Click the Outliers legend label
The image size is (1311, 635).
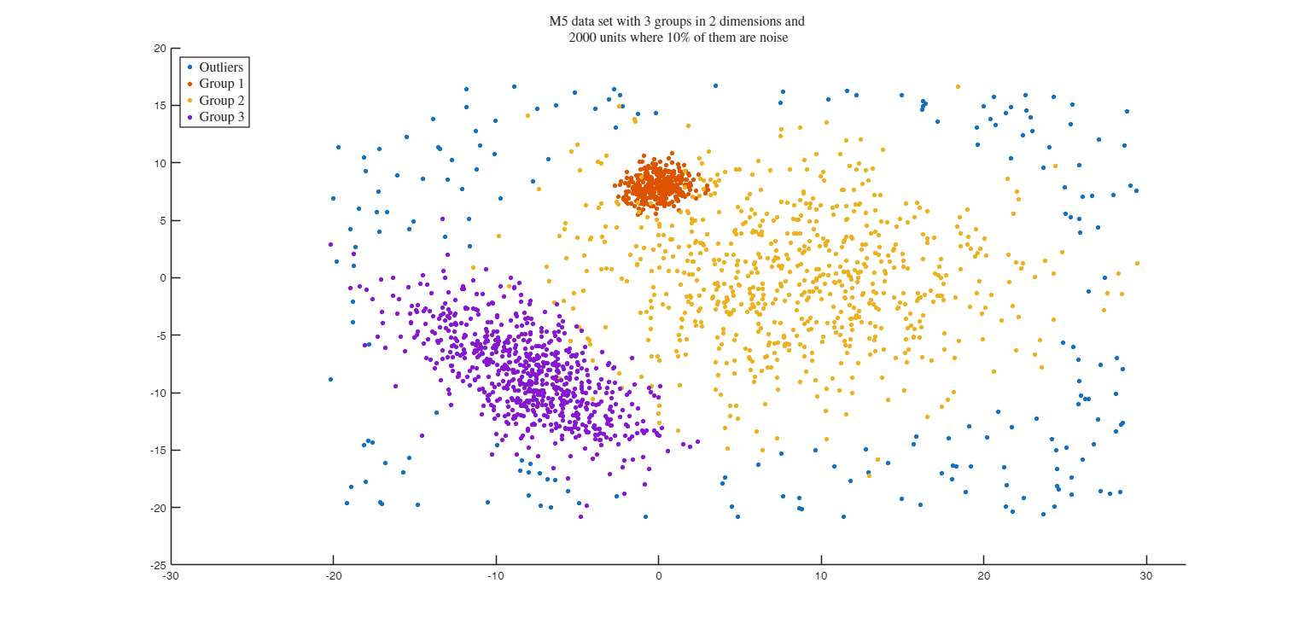(x=221, y=67)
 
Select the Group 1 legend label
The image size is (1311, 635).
(x=221, y=84)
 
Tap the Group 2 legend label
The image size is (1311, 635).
(x=221, y=101)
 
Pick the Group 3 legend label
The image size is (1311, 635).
(x=221, y=117)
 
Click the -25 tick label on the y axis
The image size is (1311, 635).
(x=159, y=565)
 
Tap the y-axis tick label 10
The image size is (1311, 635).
(x=160, y=163)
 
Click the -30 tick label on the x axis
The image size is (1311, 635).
(x=171, y=576)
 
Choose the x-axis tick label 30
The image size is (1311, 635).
(x=1146, y=576)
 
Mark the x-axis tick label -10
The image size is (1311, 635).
(x=496, y=576)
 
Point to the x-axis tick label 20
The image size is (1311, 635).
(x=983, y=576)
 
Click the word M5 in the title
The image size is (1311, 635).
(x=559, y=21)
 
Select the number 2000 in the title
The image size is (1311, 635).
(x=585, y=37)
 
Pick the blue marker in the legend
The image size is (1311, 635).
(x=189, y=67)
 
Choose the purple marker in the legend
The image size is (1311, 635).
(x=189, y=117)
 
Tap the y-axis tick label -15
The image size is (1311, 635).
(x=159, y=451)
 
